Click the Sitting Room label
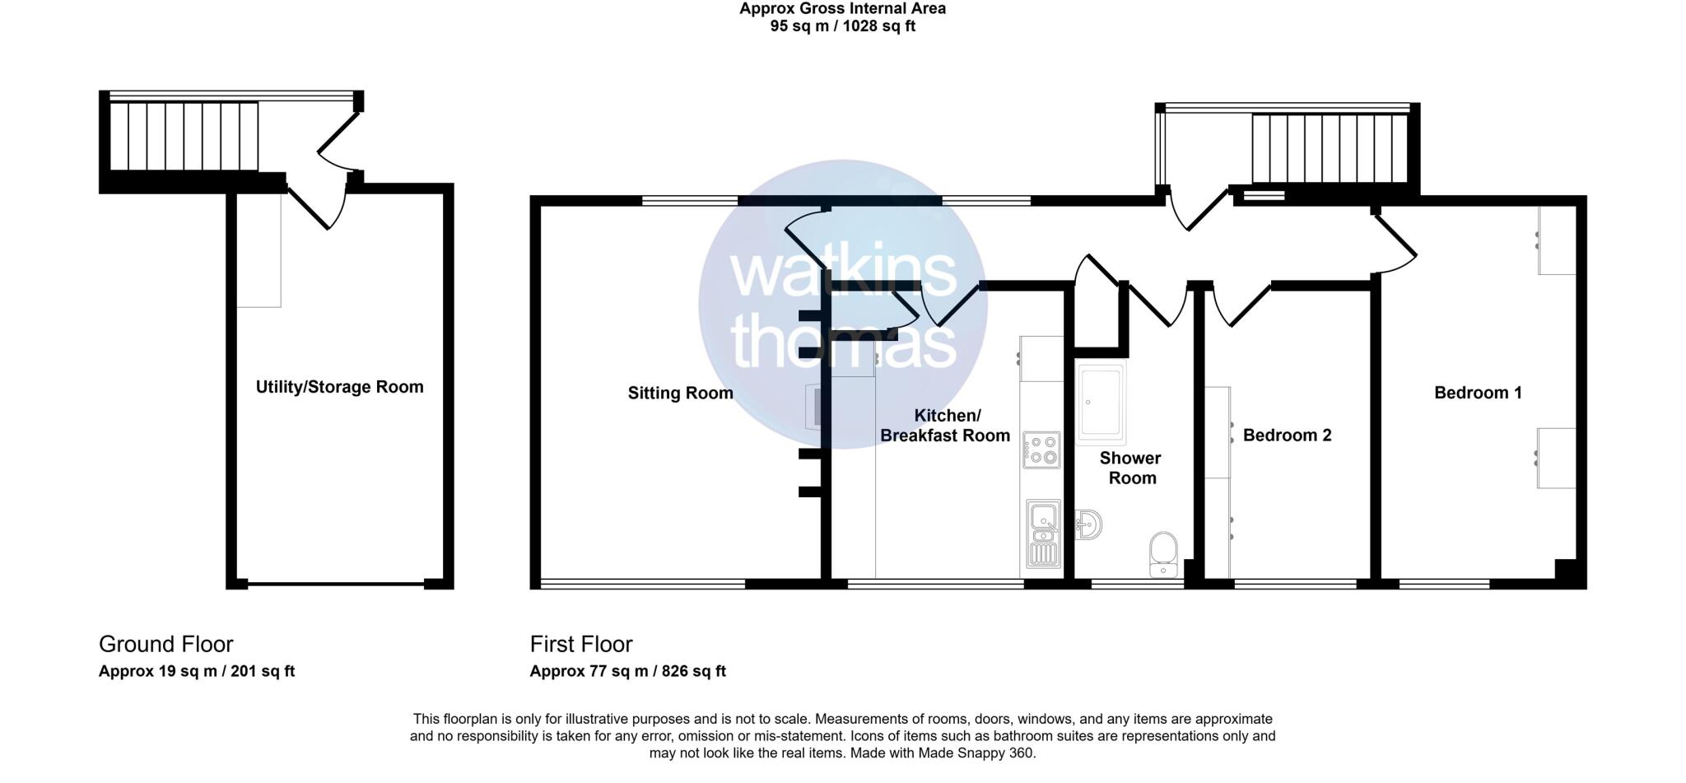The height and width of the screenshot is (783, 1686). coord(680,394)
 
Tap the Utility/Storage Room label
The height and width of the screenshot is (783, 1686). coord(339,387)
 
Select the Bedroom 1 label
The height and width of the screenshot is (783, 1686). coord(1478,393)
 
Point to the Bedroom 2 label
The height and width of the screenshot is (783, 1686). coord(1287,436)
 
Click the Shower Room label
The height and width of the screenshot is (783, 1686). coord(1132,468)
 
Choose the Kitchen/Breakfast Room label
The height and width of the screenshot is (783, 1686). coord(945,426)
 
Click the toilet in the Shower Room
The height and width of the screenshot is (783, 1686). coord(1163,554)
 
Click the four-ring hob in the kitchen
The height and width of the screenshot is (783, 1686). coord(1041,450)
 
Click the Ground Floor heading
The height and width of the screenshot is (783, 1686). coord(165,644)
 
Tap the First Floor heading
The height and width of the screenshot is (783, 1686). coord(581,644)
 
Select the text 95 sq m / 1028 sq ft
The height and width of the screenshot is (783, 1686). coord(842,26)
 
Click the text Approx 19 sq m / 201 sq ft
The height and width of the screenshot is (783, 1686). coord(196,671)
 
